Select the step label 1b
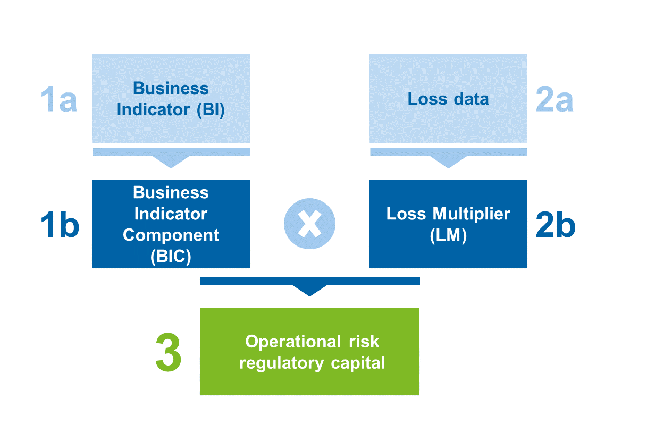pyautogui.click(x=60, y=225)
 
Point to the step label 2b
pyautogui.click(x=556, y=225)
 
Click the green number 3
pyautogui.click(x=169, y=353)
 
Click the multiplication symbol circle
pyautogui.click(x=310, y=224)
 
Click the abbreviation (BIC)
pyautogui.click(x=171, y=257)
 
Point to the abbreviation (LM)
pyautogui.click(x=448, y=235)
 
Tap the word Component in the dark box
pyautogui.click(x=171, y=235)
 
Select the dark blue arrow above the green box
pyautogui.click(x=309, y=285)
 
